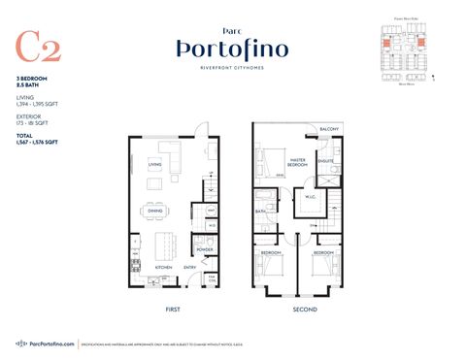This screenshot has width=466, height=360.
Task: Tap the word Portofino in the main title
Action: click(x=232, y=49)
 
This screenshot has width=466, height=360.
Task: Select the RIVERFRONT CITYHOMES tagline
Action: click(x=232, y=68)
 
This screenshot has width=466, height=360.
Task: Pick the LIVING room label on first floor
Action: click(x=154, y=165)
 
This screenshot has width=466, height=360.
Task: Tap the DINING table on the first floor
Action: click(x=155, y=211)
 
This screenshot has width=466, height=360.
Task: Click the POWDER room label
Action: click(x=205, y=249)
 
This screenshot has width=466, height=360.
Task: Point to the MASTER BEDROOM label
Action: click(x=297, y=165)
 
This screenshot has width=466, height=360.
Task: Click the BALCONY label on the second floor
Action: click(x=330, y=131)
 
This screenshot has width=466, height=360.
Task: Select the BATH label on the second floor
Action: click(x=260, y=210)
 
